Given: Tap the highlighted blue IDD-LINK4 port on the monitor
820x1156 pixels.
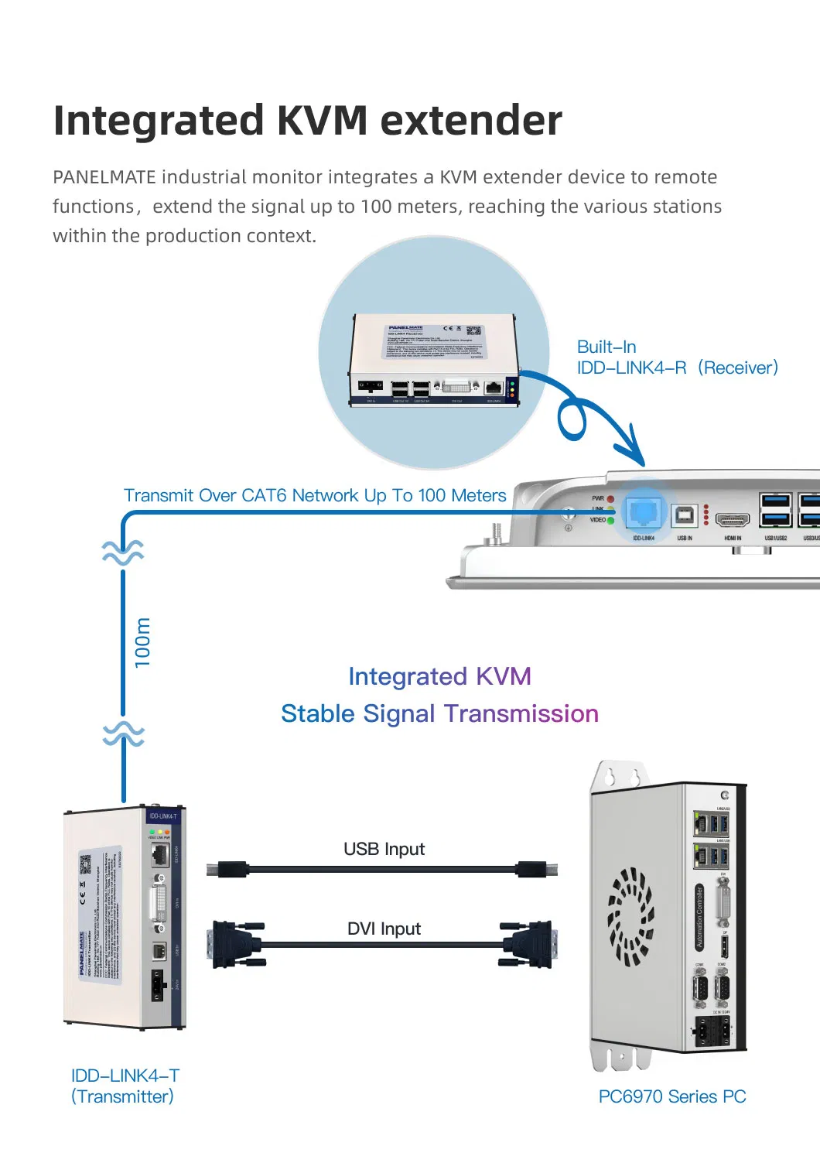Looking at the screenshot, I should tap(644, 512).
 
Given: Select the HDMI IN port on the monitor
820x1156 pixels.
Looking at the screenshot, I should tap(732, 519).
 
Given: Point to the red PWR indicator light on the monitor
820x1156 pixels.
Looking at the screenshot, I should tap(610, 499).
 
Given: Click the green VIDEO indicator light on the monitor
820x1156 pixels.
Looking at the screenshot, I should tap(610, 521).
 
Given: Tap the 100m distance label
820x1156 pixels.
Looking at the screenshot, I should tap(143, 642).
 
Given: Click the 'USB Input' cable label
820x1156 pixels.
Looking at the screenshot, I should tap(384, 849).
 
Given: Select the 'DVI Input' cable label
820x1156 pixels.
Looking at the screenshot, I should tap(384, 929).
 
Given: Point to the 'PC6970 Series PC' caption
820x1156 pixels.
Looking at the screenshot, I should tap(671, 1096).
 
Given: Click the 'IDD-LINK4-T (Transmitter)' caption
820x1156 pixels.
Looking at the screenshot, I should tap(125, 1086).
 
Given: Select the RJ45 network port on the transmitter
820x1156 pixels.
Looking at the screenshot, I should tap(160, 855).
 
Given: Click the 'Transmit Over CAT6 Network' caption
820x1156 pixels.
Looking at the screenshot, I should tap(315, 495).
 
